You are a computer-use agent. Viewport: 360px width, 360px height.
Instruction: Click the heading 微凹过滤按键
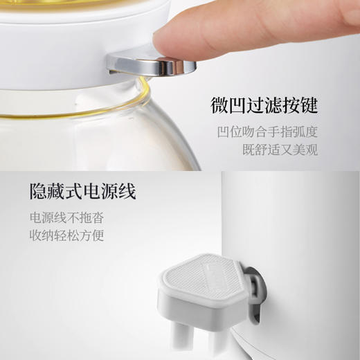264,106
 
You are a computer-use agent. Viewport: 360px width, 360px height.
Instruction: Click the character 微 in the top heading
219,106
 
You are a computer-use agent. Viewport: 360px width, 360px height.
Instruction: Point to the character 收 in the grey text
35,235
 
